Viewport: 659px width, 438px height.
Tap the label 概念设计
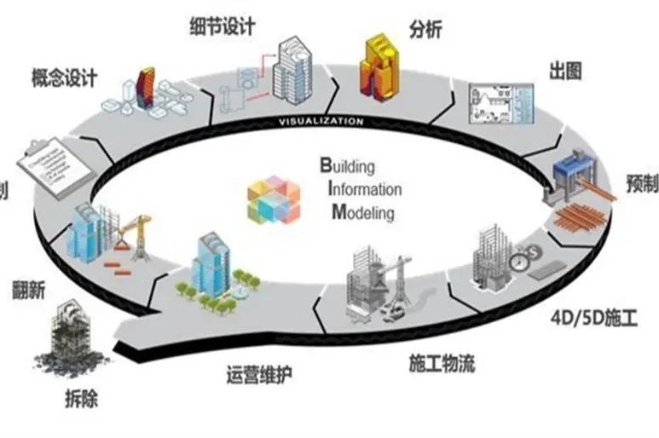pyautogui.click(x=63, y=78)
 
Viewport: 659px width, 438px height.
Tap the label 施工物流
pyautogui.click(x=438, y=365)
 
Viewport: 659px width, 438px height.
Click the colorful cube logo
pyautogui.click(x=275, y=199)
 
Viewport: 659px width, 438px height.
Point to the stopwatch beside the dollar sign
pyautogui.click(x=519, y=260)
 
